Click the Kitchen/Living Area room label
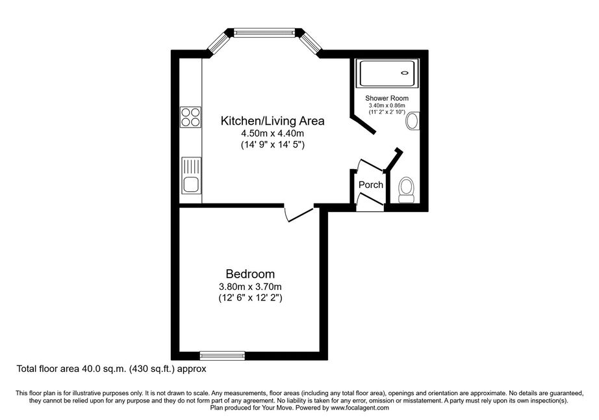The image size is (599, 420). click(x=272, y=121)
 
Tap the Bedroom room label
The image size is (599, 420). click(x=250, y=274)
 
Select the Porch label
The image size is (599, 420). click(x=370, y=185)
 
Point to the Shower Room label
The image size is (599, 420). click(x=387, y=98)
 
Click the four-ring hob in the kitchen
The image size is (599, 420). click(x=190, y=116)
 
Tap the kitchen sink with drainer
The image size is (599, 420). click(x=191, y=175)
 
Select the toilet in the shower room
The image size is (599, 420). click(x=406, y=190)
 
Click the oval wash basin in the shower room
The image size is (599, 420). click(x=413, y=121)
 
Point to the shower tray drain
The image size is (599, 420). click(x=405, y=73)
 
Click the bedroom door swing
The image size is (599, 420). click(x=298, y=215)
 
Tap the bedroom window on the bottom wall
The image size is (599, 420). click(x=222, y=356)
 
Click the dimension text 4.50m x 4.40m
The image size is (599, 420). click(x=272, y=133)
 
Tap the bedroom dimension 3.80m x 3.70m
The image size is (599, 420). click(x=250, y=286)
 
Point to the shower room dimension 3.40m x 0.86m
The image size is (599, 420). click(x=387, y=105)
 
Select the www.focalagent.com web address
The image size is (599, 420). click(x=360, y=408)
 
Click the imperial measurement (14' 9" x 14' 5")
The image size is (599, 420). click(x=272, y=145)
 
